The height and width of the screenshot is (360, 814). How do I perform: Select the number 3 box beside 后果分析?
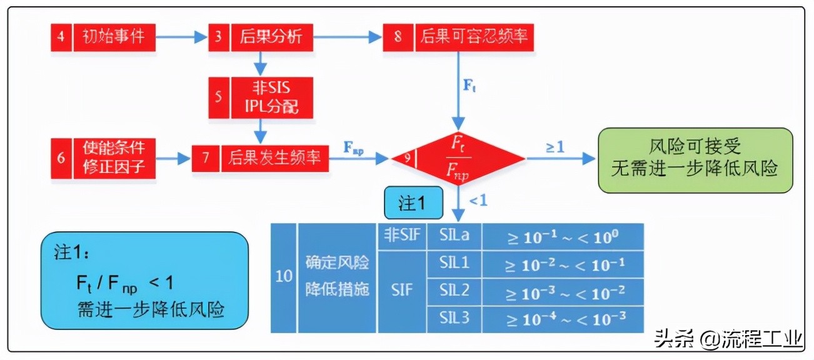click(x=218, y=37)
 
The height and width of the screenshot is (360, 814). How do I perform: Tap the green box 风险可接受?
click(x=695, y=159)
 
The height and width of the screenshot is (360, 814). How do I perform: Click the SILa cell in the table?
click(x=455, y=236)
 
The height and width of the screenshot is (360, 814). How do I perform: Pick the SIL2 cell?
click(x=455, y=291)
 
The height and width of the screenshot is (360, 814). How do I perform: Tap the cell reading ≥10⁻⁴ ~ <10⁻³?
click(x=564, y=318)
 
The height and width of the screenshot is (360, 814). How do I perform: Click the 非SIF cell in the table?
click(x=401, y=236)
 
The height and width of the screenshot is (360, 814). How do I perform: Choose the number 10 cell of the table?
click(x=284, y=276)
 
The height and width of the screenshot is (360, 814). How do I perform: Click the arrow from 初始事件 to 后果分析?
click(x=181, y=37)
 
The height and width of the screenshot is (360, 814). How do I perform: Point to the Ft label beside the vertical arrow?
click(x=470, y=86)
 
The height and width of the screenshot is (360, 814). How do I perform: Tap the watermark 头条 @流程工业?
click(x=728, y=341)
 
